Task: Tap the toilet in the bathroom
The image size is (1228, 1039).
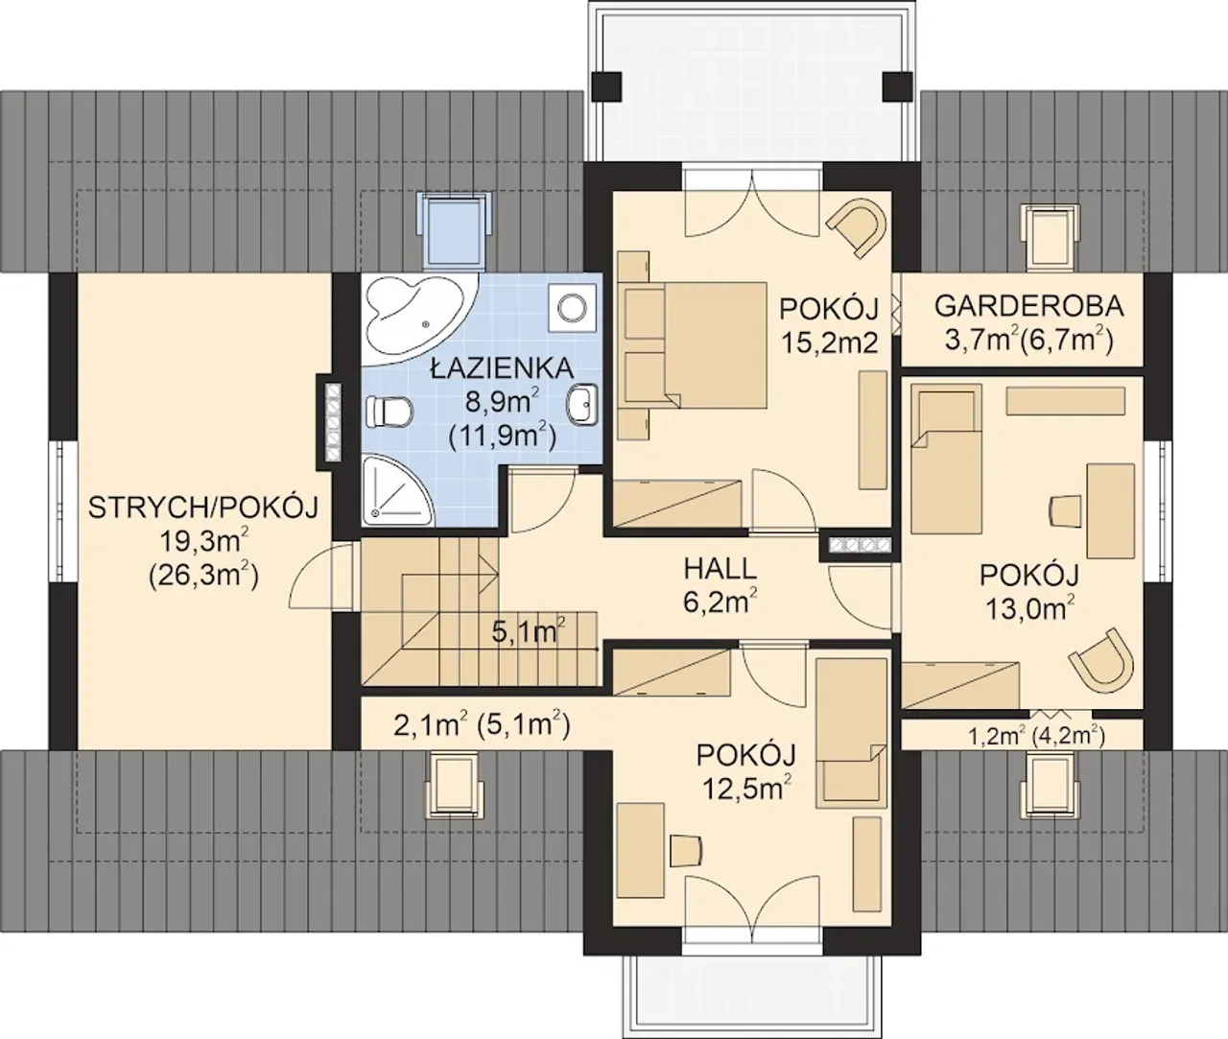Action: pyautogui.click(x=389, y=413)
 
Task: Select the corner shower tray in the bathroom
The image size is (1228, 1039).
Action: pyautogui.click(x=395, y=490)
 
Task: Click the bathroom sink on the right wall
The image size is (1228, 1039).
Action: pyautogui.click(x=583, y=404)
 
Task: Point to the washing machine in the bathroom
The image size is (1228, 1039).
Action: pyautogui.click(x=573, y=308)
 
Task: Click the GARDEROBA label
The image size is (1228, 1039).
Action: pyautogui.click(x=1029, y=306)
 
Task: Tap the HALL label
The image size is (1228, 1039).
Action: pyautogui.click(x=720, y=569)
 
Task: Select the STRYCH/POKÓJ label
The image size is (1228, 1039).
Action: pyautogui.click(x=203, y=508)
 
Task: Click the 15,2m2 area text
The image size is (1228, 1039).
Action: pyautogui.click(x=829, y=342)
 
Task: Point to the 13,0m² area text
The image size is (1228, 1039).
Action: pyautogui.click(x=1029, y=608)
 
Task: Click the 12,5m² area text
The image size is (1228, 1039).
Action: pyautogui.click(x=746, y=789)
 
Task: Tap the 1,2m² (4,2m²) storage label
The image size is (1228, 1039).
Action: pyautogui.click(x=1036, y=737)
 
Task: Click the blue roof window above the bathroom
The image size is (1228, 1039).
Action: pyautogui.click(x=455, y=227)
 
